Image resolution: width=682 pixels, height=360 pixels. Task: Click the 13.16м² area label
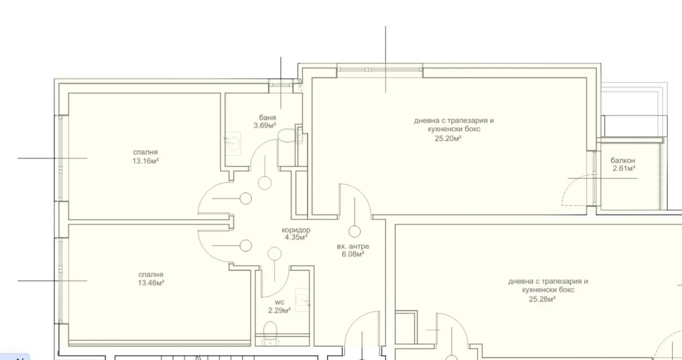point(145,161)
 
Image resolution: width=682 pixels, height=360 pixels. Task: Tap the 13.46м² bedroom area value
point(151,283)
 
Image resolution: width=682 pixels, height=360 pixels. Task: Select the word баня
point(267,118)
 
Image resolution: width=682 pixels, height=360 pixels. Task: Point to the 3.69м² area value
point(265,125)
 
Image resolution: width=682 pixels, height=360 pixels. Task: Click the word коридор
point(296,230)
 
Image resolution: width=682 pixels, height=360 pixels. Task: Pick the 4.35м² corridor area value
point(296,237)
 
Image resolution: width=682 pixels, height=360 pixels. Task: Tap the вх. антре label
point(353,247)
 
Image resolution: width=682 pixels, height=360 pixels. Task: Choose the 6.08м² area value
point(353,254)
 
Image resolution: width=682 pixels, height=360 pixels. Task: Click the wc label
point(279,302)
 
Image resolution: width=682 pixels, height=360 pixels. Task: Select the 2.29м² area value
point(279,311)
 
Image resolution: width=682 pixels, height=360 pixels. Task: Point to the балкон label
point(623,160)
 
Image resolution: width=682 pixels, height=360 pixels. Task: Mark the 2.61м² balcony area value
point(624,168)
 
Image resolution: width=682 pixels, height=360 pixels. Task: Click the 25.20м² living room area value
point(448,139)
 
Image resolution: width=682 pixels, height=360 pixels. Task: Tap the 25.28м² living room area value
point(542,299)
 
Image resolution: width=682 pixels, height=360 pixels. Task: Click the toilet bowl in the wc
point(270,333)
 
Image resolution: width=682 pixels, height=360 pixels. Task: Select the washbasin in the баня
point(233,143)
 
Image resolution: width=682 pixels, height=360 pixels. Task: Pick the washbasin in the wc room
point(302,300)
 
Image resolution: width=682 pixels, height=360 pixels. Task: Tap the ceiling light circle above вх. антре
point(354,232)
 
